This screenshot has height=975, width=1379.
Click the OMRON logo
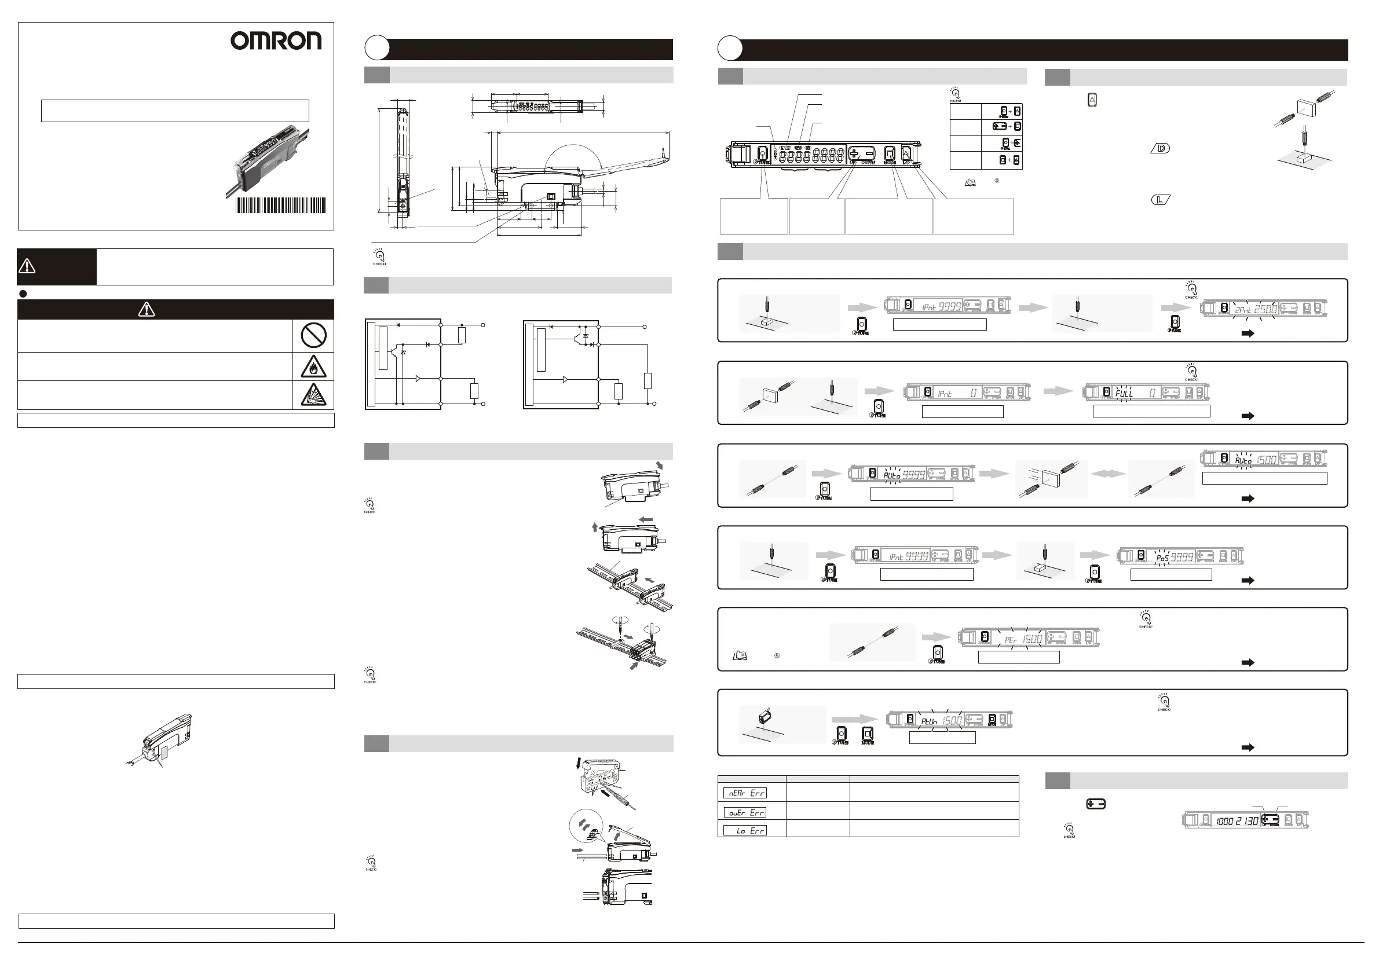click(276, 41)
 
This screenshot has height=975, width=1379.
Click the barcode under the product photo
click(280, 206)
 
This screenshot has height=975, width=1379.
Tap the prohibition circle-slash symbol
click(313, 335)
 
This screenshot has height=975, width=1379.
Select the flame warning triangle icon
click(313, 367)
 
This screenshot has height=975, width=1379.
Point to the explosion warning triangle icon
click(313, 395)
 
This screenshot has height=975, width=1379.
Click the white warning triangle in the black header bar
click(147, 310)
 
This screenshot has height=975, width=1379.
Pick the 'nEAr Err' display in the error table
click(745, 793)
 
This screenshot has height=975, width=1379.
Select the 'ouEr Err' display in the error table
click(745, 812)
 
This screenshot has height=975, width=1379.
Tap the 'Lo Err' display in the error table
click(745, 831)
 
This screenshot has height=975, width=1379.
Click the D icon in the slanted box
click(1161, 148)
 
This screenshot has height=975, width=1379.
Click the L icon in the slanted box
click(1161, 200)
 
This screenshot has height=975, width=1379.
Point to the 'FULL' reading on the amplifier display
click(1124, 393)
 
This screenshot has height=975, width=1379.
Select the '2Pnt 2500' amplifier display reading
click(1255, 309)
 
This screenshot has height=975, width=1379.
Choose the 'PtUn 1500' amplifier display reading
click(941, 720)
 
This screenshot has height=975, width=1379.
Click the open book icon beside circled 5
click(740, 656)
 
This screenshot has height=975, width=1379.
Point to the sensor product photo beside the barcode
click(268, 158)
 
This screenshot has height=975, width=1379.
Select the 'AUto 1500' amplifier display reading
click(1255, 460)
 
